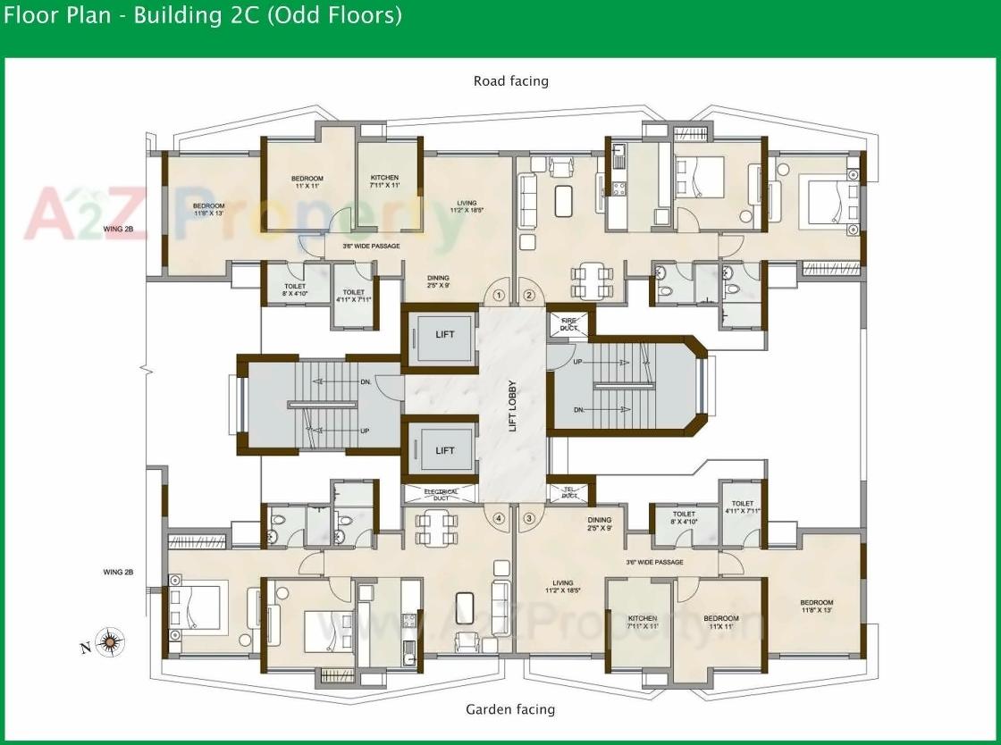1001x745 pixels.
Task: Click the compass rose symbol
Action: (110, 640)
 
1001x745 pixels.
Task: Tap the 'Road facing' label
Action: (510, 81)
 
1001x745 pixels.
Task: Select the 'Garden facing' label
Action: (510, 709)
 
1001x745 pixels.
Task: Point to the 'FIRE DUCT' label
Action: (569, 323)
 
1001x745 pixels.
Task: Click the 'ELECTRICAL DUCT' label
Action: (442, 493)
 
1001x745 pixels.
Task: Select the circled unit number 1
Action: (499, 295)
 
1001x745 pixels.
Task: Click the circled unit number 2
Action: (528, 295)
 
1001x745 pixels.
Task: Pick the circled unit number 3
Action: (528, 517)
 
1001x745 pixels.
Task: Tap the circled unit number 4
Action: (499, 517)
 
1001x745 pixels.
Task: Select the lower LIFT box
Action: (444, 450)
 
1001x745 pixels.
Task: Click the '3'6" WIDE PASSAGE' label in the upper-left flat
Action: (371, 246)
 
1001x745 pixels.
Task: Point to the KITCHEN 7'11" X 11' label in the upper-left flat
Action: (384, 181)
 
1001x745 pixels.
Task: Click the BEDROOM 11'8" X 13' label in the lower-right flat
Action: (816, 607)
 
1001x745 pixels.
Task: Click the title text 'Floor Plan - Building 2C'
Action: (203, 15)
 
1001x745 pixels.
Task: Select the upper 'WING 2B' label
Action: (124, 229)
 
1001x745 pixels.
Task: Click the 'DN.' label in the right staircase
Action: (578, 410)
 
